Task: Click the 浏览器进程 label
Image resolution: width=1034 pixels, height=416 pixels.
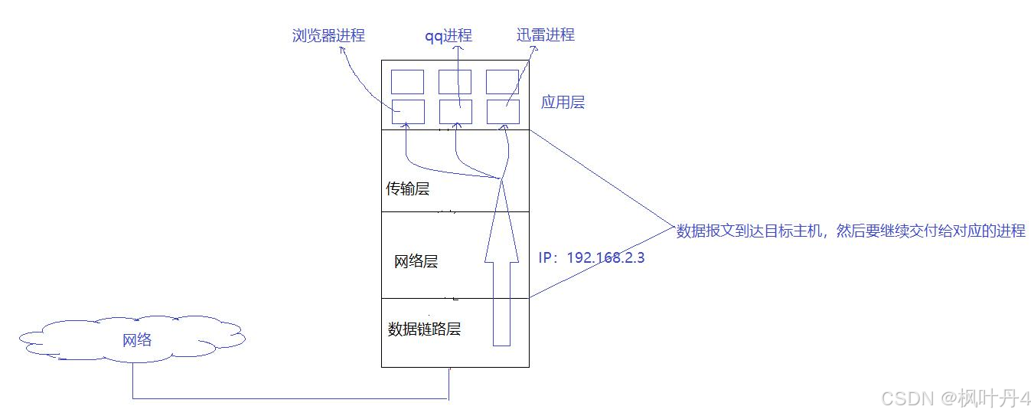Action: (x=328, y=35)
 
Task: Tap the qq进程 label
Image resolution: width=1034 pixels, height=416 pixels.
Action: (x=449, y=36)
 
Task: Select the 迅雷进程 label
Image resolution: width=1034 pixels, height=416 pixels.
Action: (x=545, y=34)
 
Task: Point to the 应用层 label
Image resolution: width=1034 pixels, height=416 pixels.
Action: (x=563, y=103)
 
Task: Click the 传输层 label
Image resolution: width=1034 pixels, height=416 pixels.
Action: (x=407, y=188)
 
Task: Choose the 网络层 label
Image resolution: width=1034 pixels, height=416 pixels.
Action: (x=416, y=262)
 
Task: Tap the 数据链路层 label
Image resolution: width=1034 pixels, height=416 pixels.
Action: (x=424, y=329)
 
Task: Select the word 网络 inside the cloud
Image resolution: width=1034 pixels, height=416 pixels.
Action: (x=137, y=340)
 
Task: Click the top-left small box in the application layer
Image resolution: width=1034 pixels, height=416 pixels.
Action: (x=407, y=81)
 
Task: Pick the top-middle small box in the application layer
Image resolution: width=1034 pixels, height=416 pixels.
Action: (x=455, y=81)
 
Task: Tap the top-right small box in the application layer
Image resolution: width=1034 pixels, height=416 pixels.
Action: (x=502, y=81)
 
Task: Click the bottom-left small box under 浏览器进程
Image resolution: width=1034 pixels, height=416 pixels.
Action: (x=407, y=112)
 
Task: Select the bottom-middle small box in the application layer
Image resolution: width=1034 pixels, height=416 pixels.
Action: (x=455, y=112)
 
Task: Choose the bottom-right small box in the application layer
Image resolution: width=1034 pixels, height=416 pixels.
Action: (x=502, y=112)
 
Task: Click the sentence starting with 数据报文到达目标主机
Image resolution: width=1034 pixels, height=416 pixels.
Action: (x=850, y=231)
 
